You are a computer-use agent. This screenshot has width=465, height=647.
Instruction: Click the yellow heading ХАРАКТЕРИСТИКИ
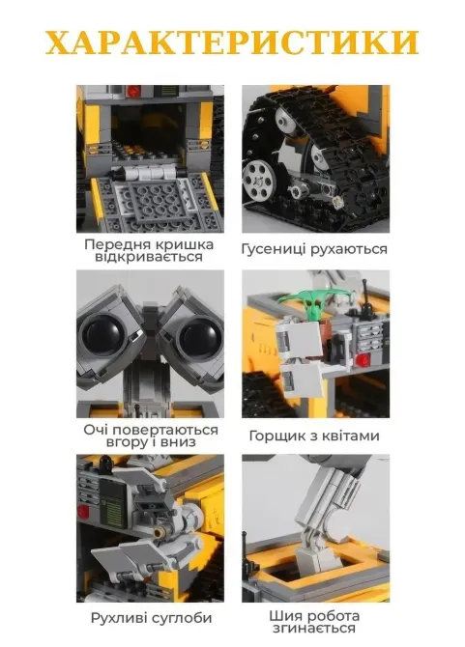(232, 43)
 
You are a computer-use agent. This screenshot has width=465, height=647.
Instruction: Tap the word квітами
(352, 436)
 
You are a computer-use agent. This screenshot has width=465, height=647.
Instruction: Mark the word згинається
(315, 629)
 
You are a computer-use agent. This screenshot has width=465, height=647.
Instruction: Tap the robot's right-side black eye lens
(193, 338)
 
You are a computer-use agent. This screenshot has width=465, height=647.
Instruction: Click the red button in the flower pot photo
(360, 360)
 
